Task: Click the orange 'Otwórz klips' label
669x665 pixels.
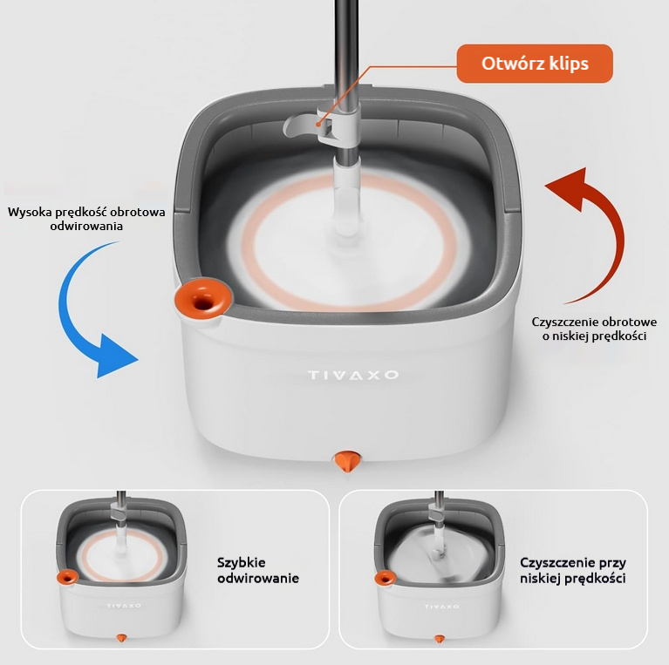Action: pos(535,64)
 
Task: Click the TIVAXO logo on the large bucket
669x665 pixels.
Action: pos(353,375)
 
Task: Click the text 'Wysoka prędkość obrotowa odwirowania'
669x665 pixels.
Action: pos(86,219)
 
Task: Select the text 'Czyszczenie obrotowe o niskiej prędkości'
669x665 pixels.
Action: pos(594,329)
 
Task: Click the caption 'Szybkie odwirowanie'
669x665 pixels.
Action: pos(258,570)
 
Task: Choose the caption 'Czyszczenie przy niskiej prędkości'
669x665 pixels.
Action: pos(573,570)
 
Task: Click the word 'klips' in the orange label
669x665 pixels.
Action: pos(569,64)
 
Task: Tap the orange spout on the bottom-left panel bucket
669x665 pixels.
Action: pos(68,578)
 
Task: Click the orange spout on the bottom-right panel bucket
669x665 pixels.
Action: pos(386,579)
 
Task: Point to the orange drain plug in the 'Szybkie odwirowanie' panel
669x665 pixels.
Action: pos(121,638)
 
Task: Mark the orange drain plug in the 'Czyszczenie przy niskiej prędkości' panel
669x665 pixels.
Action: pos(440,639)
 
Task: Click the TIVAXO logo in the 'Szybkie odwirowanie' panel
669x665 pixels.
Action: pos(124,606)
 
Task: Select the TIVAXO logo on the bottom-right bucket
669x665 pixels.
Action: pos(441,607)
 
